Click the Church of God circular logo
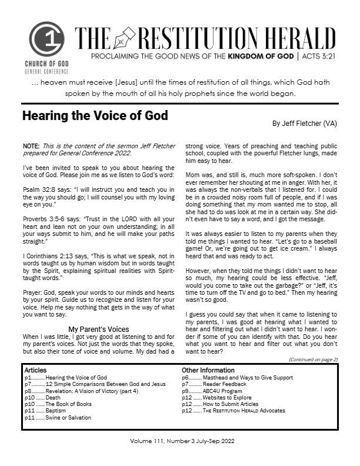click(x=46, y=39)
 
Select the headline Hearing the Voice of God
click(x=95, y=116)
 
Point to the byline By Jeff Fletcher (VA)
click(x=305, y=124)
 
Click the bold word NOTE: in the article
click(x=31, y=145)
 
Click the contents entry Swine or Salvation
click(x=72, y=417)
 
